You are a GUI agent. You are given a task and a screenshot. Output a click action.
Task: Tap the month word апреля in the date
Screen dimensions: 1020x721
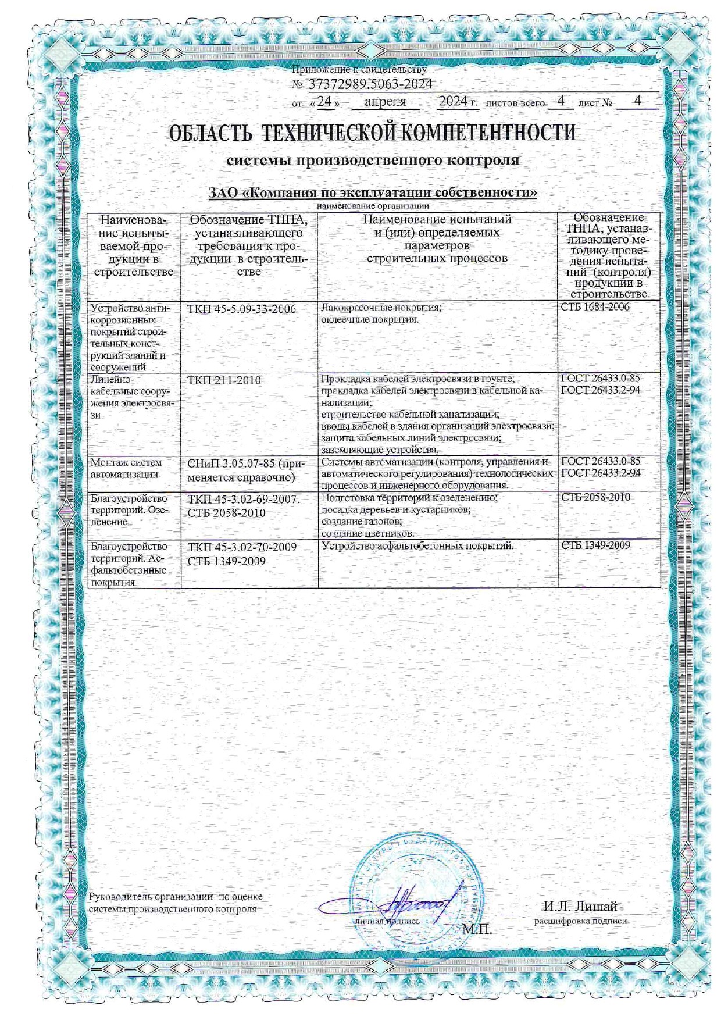point(385,102)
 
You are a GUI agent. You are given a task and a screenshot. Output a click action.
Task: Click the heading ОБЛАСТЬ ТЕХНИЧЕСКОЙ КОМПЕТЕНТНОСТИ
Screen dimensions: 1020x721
point(372,133)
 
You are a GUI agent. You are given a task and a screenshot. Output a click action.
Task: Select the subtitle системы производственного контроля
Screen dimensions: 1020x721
point(372,160)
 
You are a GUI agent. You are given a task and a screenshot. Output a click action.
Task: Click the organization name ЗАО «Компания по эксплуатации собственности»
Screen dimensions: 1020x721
point(372,192)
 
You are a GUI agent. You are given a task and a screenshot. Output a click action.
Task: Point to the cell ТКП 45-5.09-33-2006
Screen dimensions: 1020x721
point(241,309)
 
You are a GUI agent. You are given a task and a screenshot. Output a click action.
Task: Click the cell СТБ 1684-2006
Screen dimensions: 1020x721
point(595,307)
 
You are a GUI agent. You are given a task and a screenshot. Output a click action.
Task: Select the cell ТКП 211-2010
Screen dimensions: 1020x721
point(224,381)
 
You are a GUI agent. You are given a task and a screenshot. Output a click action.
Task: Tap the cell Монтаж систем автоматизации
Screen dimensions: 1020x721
point(126,468)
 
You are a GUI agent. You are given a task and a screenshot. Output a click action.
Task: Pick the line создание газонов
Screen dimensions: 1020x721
point(361,522)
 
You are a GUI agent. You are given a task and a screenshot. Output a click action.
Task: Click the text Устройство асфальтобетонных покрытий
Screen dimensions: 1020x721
point(417,546)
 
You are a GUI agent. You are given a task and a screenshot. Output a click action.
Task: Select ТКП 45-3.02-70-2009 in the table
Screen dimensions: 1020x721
point(242,547)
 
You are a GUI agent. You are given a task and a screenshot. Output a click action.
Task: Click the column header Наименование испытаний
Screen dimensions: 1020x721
point(437,220)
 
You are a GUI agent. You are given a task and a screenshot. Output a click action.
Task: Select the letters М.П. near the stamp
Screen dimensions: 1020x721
point(477,930)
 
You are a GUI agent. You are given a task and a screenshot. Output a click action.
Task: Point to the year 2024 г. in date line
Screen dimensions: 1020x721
point(458,102)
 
